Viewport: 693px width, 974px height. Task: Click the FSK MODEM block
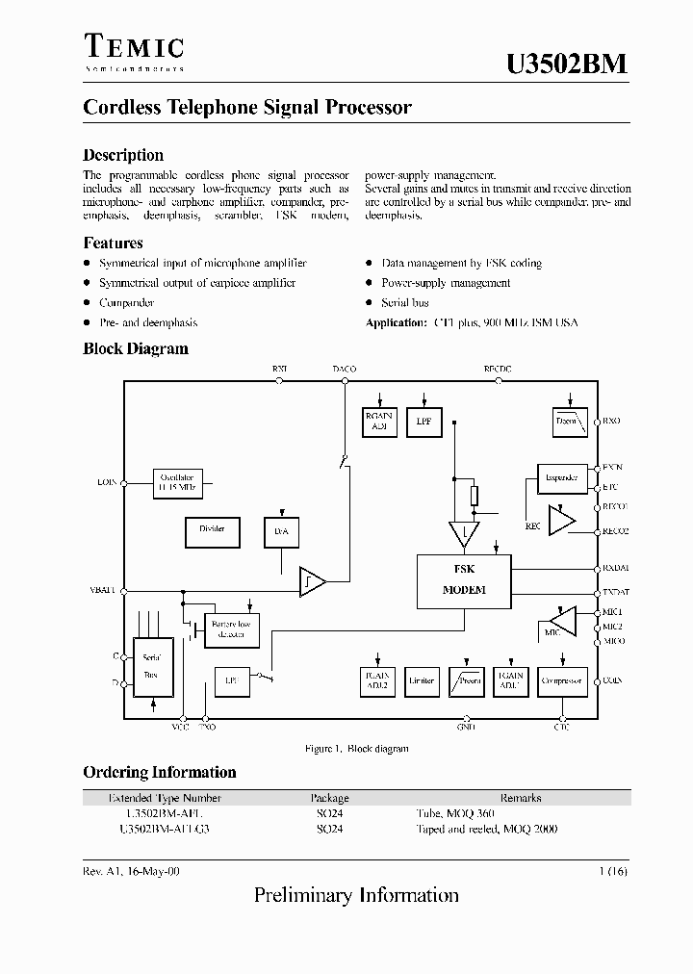[464, 581]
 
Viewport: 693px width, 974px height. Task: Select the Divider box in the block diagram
[212, 530]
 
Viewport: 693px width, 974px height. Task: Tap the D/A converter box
[282, 532]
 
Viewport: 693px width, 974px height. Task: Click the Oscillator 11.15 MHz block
[177, 481]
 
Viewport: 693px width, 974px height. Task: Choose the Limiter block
[421, 681]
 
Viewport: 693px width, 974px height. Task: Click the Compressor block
[561, 681]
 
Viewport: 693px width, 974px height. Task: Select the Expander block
[561, 477]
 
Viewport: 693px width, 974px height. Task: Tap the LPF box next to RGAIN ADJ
[423, 422]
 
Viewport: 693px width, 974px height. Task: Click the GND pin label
[466, 729]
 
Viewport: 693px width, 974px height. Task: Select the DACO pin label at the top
[344, 369]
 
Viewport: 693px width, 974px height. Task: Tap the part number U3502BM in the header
[567, 64]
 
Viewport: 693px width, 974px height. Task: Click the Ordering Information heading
[159, 772]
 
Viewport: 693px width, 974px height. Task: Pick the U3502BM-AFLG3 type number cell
[165, 828]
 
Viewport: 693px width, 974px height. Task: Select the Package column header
[329, 798]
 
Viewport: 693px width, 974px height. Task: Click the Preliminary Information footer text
[356, 895]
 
